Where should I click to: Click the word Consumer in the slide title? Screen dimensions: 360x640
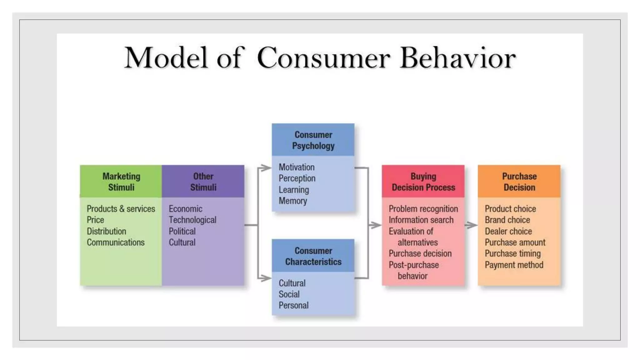(x=323, y=58)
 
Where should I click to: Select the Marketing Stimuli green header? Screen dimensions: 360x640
(x=121, y=182)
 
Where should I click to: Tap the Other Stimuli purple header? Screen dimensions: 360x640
(x=203, y=182)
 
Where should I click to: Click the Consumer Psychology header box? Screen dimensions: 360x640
(x=313, y=140)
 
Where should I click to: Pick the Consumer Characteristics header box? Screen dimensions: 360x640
(x=313, y=256)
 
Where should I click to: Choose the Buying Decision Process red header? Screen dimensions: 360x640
(x=423, y=182)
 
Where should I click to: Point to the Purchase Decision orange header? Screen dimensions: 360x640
(x=519, y=182)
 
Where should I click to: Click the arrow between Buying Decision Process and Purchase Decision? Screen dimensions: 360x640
(x=471, y=225)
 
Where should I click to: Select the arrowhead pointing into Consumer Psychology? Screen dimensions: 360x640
(x=266, y=168)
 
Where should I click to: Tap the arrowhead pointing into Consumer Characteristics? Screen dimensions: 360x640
(x=266, y=278)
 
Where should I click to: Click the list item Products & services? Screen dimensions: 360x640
(x=121, y=209)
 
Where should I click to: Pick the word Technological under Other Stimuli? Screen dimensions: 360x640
(x=192, y=220)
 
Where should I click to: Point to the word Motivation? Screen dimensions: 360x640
(x=297, y=167)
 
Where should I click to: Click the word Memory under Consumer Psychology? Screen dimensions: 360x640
(x=293, y=201)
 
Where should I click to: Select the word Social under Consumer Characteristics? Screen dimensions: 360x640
(x=289, y=294)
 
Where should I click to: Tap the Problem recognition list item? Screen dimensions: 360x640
(x=423, y=209)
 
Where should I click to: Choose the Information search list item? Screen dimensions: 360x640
(x=421, y=220)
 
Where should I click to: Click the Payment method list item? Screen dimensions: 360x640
(x=514, y=265)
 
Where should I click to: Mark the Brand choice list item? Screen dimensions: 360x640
(x=507, y=220)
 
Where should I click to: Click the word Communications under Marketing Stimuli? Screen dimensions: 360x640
(x=116, y=242)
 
